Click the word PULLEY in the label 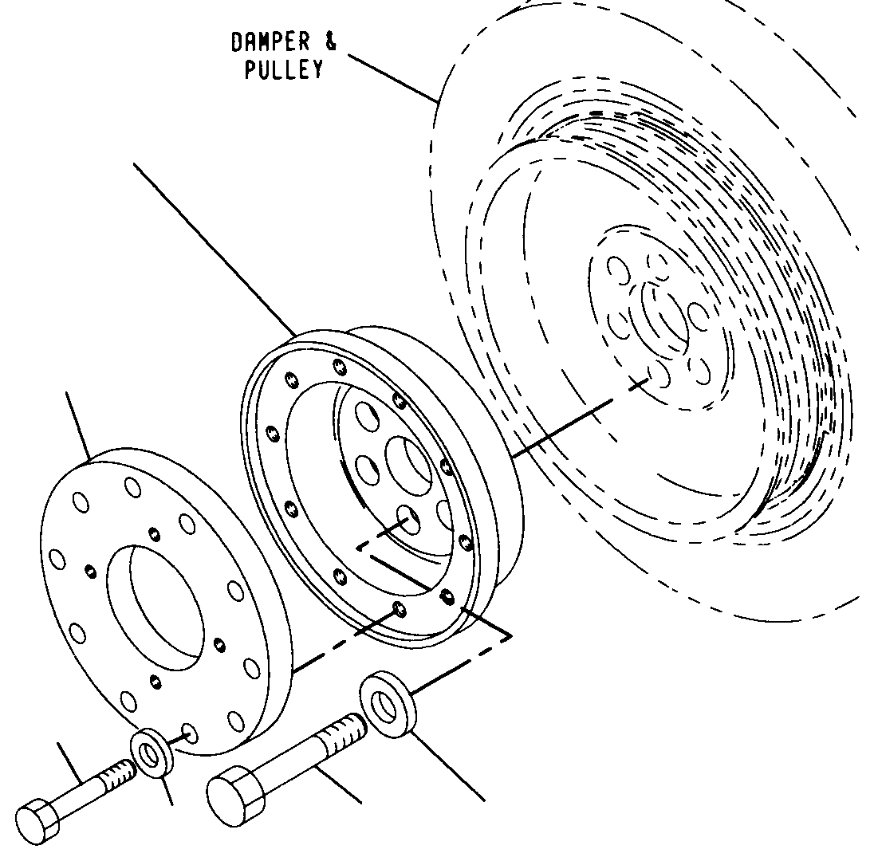pos(284,69)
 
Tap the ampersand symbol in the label pos(330,41)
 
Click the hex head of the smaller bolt pos(38,821)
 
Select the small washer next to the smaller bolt pos(151,753)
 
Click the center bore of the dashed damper pos(664,316)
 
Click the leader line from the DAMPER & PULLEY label pos(392,78)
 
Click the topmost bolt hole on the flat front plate pos(132,488)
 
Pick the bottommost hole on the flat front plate pos(190,733)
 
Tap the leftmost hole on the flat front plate pos(57,560)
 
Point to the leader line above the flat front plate pos(78,427)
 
